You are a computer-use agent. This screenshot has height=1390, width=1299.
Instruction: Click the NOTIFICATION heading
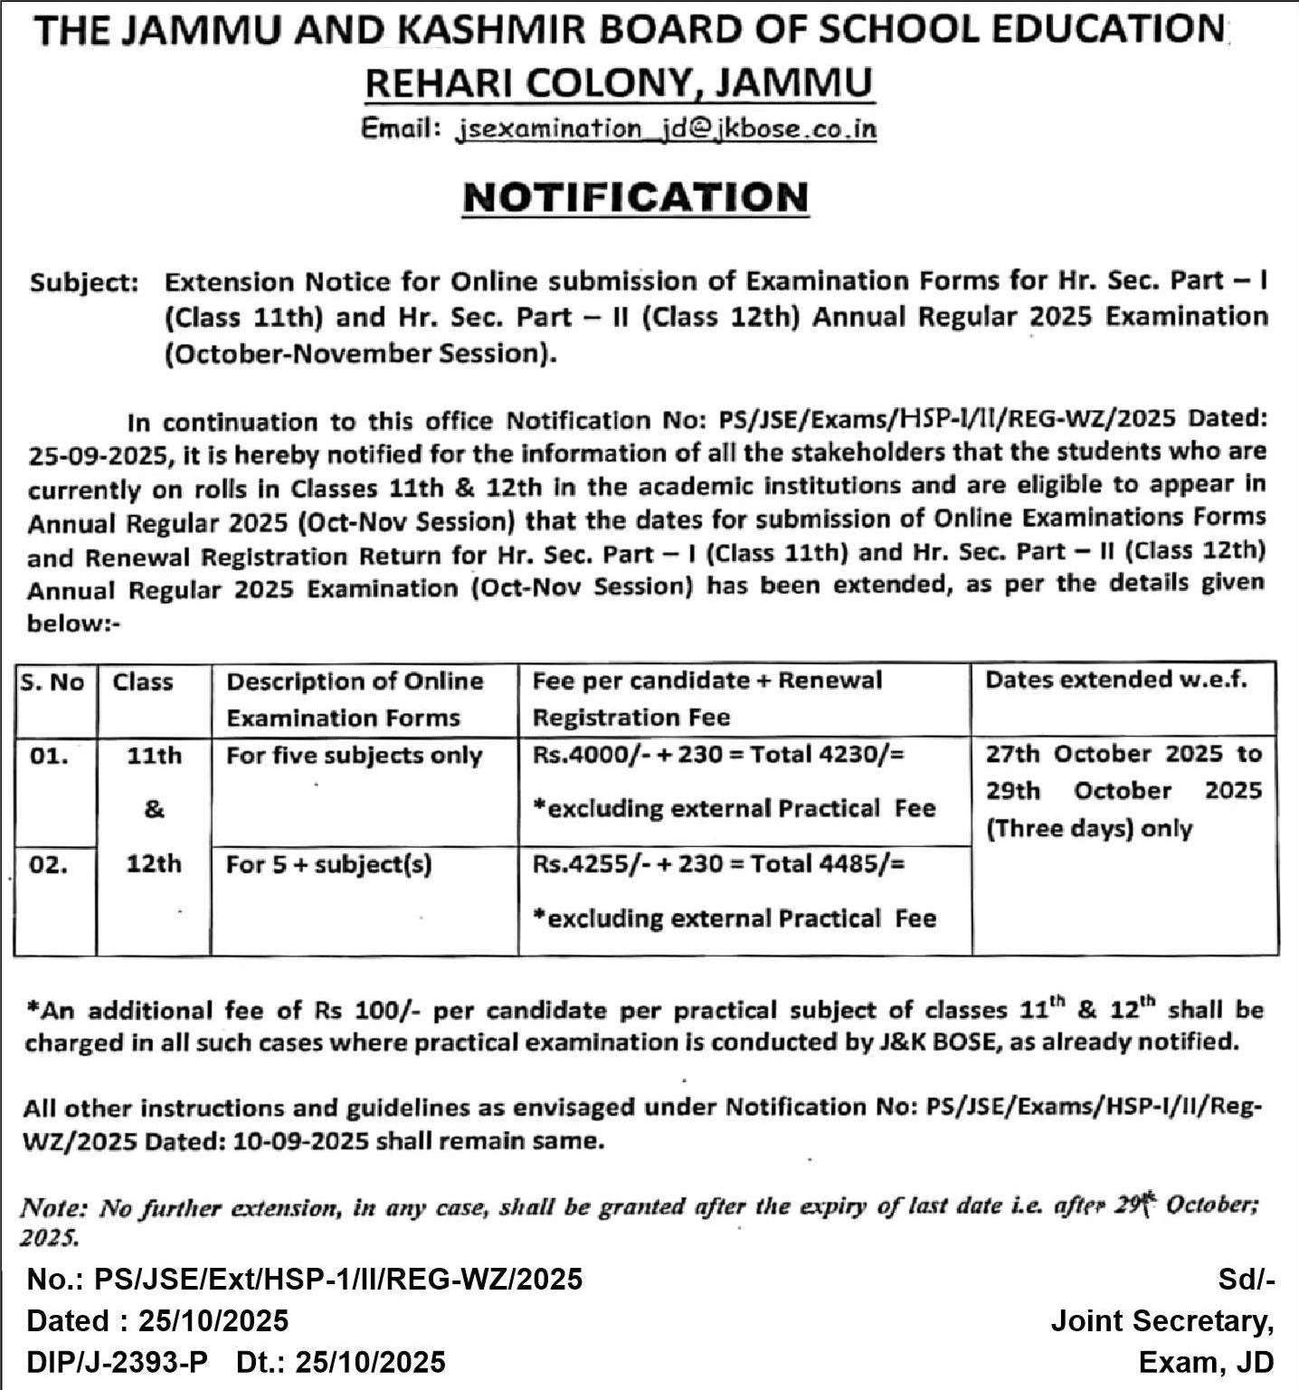635,197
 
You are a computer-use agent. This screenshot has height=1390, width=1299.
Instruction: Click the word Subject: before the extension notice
84,282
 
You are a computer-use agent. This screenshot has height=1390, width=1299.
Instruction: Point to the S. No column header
52,681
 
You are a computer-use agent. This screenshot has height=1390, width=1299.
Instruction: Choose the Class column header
143,681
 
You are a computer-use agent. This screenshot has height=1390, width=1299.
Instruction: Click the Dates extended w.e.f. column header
1115,681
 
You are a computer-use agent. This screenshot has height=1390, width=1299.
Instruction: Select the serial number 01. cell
49,756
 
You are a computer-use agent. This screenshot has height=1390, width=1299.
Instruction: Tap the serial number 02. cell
49,865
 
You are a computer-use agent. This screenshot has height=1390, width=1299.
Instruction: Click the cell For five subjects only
354,756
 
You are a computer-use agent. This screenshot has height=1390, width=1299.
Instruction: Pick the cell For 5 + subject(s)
329,865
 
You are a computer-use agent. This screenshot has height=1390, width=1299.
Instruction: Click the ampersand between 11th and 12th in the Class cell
154,809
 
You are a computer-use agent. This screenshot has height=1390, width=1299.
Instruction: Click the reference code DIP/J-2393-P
118,1361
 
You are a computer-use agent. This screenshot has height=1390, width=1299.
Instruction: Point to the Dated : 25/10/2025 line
158,1320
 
